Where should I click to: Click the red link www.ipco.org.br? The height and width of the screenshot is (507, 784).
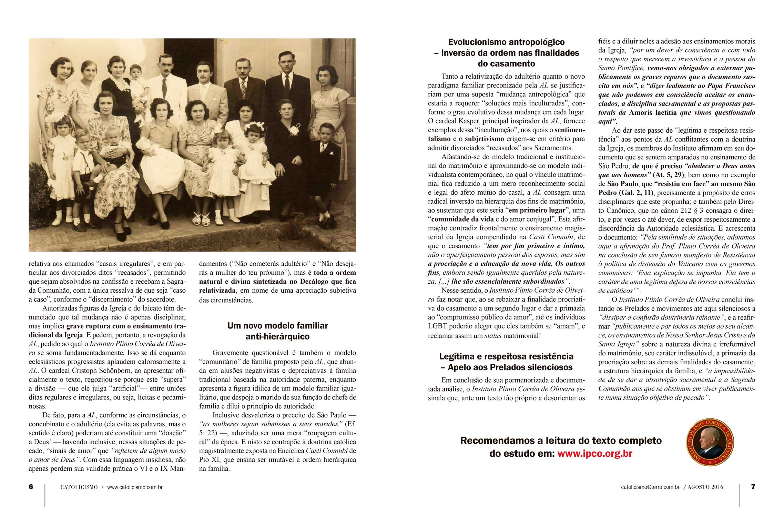(594, 454)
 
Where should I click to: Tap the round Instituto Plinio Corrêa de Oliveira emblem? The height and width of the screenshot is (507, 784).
(710, 442)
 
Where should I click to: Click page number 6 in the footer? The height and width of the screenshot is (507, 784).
(31, 487)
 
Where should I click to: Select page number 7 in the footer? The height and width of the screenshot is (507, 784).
(753, 487)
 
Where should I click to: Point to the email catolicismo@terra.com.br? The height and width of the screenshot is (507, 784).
(650, 487)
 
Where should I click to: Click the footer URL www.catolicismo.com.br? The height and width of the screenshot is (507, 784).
(135, 487)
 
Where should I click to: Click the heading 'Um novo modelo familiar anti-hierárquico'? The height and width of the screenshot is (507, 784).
(277, 331)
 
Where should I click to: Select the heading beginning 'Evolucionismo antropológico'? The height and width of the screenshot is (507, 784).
(506, 53)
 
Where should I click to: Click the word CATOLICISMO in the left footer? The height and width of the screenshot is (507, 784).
(79, 487)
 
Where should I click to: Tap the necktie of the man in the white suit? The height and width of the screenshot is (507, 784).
(164, 88)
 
